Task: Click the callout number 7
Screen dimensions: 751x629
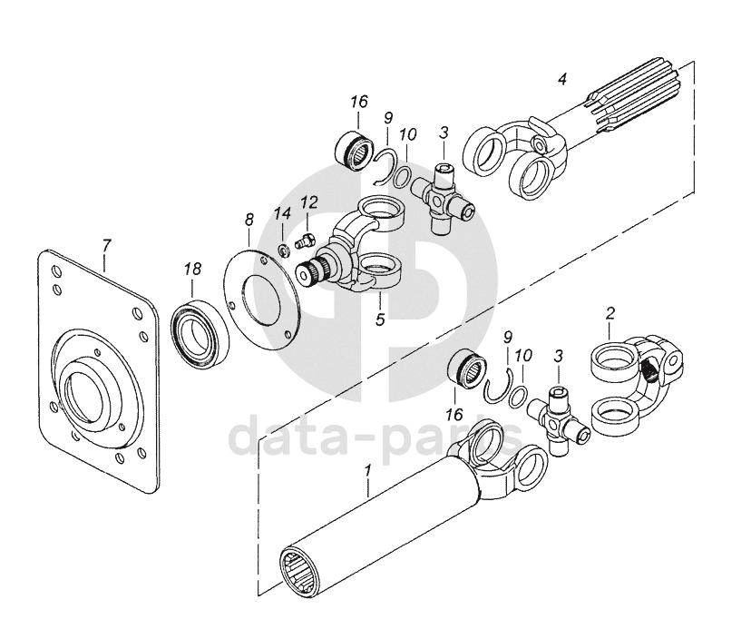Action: [106, 246]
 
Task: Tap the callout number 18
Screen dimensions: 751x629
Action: [192, 270]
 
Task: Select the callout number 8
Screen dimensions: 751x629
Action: [249, 221]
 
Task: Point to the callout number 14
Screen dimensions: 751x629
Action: [283, 214]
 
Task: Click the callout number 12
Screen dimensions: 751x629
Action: [309, 201]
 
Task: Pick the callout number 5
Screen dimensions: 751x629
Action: [380, 319]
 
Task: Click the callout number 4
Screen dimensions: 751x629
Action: [562, 78]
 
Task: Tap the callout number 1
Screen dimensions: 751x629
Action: [367, 471]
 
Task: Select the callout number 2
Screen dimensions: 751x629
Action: [610, 314]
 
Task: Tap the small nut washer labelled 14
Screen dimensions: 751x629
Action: [284, 250]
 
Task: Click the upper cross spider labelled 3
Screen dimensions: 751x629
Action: [443, 198]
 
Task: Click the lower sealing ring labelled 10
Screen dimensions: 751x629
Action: [518, 396]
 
